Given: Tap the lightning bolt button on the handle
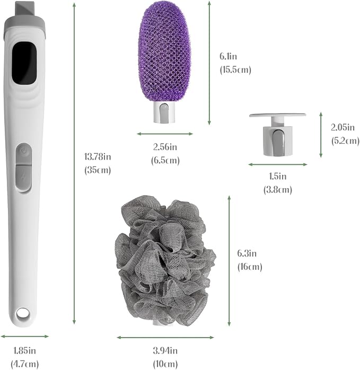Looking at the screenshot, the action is coord(24,178).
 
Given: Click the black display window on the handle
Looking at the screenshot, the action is coord(24,63).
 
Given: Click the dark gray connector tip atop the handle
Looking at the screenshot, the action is coord(24,9).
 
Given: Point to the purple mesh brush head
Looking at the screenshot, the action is coord(164,51).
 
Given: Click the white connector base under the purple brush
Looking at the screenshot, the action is coord(164,112).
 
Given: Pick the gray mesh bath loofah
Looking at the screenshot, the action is coord(165,260).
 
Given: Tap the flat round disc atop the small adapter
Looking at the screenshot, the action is coord(278,115).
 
